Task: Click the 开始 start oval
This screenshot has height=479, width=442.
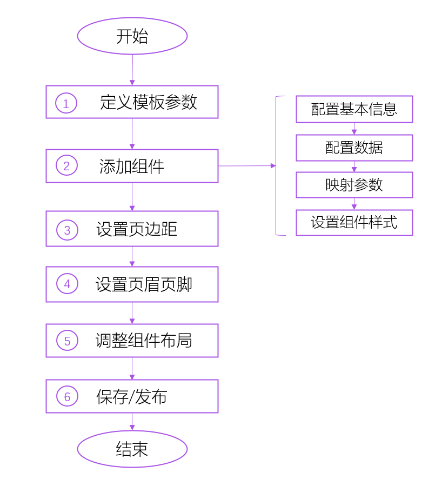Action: click(132, 36)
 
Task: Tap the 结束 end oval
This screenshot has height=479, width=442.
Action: click(132, 449)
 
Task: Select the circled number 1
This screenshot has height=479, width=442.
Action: click(66, 103)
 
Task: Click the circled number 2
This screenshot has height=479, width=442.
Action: click(66, 166)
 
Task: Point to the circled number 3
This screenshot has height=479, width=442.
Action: click(67, 230)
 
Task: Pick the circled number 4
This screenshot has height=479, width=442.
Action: click(67, 284)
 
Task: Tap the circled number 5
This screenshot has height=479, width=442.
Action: click(67, 341)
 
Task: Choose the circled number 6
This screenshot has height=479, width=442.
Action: click(67, 397)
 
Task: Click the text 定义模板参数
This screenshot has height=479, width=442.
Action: click(149, 102)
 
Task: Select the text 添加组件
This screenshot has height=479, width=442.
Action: click(132, 166)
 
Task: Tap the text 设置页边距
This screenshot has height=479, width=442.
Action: click(137, 229)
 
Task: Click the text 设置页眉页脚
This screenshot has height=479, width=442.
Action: click(144, 284)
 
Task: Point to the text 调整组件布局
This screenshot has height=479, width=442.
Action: click(144, 341)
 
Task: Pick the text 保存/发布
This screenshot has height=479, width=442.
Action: click(132, 397)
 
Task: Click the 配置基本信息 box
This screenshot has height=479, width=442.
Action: click(354, 109)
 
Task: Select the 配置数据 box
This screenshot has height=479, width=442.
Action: click(354, 148)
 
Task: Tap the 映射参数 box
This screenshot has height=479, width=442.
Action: click(354, 185)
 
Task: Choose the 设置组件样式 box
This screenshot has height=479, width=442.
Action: click(354, 223)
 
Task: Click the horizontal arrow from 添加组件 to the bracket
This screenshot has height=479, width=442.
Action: click(246, 165)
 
